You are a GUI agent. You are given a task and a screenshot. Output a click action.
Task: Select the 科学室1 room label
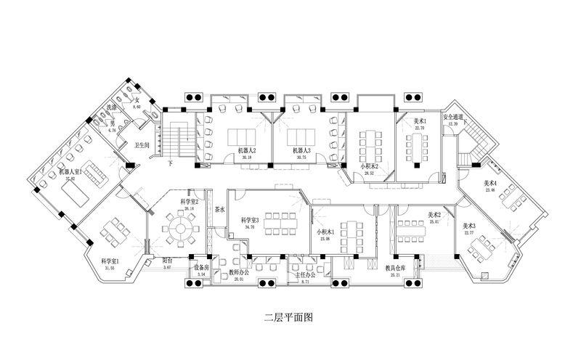click(x=110, y=261)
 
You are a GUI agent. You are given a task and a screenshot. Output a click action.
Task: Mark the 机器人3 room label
click(x=301, y=151)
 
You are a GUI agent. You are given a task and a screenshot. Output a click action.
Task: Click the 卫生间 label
click(x=142, y=144)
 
